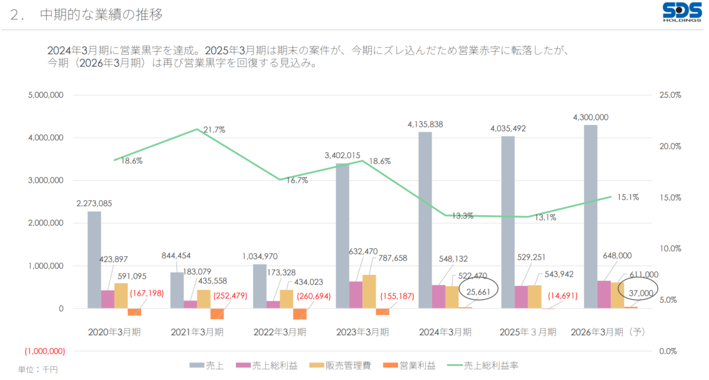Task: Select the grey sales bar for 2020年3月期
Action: tap(94, 260)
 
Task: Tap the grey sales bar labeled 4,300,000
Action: tap(590, 216)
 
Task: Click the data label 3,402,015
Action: tap(342, 155)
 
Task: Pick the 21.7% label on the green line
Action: tap(214, 130)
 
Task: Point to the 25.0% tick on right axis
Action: tap(671, 95)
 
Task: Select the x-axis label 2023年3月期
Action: tap(363, 332)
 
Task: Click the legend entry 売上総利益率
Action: tap(491, 366)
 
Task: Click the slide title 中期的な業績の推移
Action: tap(101, 15)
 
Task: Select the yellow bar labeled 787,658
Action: tap(369, 291)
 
